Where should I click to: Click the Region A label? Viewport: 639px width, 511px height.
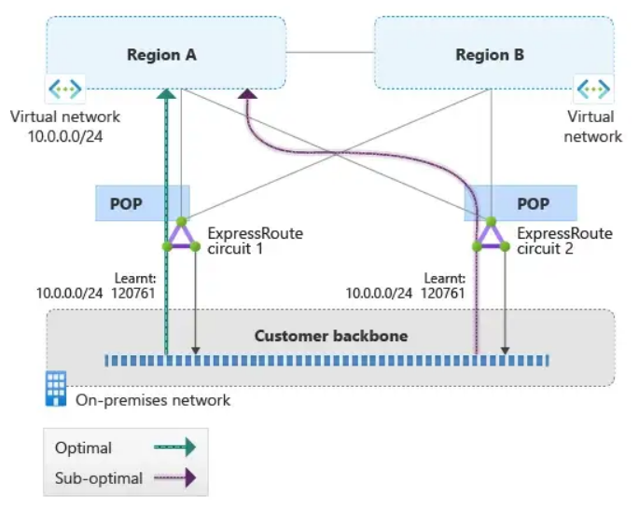coord(161,55)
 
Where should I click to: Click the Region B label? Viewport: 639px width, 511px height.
coord(490,55)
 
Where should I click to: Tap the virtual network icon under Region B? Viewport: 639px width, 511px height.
coord(593,90)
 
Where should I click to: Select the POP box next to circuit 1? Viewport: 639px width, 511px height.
coord(126,203)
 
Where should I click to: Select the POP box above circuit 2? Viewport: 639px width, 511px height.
coord(533,203)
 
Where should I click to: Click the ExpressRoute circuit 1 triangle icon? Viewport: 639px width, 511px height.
coord(181,236)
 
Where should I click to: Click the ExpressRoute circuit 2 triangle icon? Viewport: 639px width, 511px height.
coord(491,236)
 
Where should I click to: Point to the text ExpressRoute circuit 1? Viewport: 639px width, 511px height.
coord(255,241)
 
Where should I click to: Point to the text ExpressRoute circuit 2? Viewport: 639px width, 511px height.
coord(564,241)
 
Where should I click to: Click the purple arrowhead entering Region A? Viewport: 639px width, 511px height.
coord(248,93)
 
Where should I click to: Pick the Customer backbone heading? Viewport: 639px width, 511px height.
coord(331,336)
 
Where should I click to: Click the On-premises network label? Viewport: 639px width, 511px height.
coord(150,400)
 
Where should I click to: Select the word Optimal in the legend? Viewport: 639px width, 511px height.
coord(84,448)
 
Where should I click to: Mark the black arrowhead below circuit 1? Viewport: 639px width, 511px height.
coord(195,351)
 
